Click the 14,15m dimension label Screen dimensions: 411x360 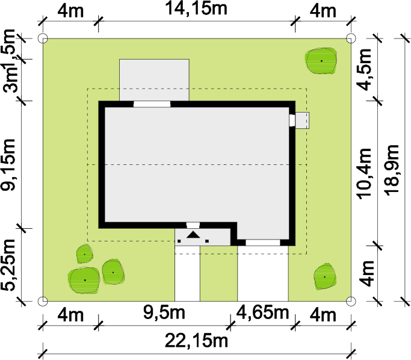pyautogui.click(x=196, y=8)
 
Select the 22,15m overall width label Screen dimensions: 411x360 pyautogui.click(x=196, y=341)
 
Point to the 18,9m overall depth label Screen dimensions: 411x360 pyautogui.click(x=392, y=170)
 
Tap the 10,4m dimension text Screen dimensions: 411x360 pyautogui.click(x=365, y=173)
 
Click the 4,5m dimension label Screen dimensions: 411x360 pyautogui.click(x=365, y=69)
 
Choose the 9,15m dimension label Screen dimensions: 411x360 pyautogui.click(x=8, y=165)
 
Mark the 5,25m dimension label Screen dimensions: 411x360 pyautogui.click(x=8, y=265)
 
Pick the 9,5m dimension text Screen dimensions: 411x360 pyautogui.click(x=164, y=312)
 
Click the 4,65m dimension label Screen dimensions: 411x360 pyautogui.click(x=262, y=312)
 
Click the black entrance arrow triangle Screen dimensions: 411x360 pyautogui.click(x=193, y=234)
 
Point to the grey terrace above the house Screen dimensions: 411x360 pyautogui.click(x=155, y=80)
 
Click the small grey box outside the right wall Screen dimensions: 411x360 pyautogui.click(x=302, y=120)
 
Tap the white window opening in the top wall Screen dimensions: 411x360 pyautogui.click(x=152, y=104)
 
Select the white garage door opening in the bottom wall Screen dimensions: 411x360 pyautogui.click(x=263, y=243)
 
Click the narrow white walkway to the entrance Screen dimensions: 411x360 pyautogui.click(x=187, y=274)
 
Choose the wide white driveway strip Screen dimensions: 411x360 pyautogui.click(x=263, y=274)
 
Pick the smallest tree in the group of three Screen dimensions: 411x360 pyautogui.click(x=85, y=254)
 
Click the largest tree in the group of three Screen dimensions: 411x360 pyautogui.click(x=84, y=280)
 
